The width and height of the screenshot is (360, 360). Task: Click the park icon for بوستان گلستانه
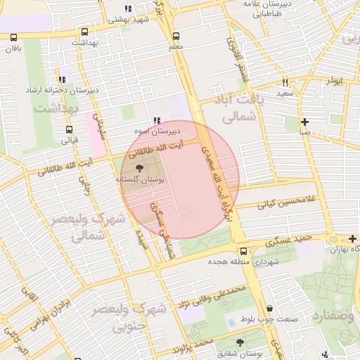click(139, 168)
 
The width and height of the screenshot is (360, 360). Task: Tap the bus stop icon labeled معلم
click(175, 35)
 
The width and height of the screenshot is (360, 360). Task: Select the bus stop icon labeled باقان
click(14, 38)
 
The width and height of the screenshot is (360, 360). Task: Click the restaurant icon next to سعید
click(285, 82)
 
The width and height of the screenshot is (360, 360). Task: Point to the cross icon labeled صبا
click(304, 121)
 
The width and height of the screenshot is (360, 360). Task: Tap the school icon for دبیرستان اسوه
click(156, 120)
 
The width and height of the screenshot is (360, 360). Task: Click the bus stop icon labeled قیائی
click(69, 129)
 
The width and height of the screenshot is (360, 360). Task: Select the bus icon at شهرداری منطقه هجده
click(243, 250)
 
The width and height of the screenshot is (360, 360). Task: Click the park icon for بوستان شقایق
click(240, 342)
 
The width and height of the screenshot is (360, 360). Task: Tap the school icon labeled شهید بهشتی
click(127, 9)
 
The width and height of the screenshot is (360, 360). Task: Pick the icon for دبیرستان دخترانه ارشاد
click(63, 79)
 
